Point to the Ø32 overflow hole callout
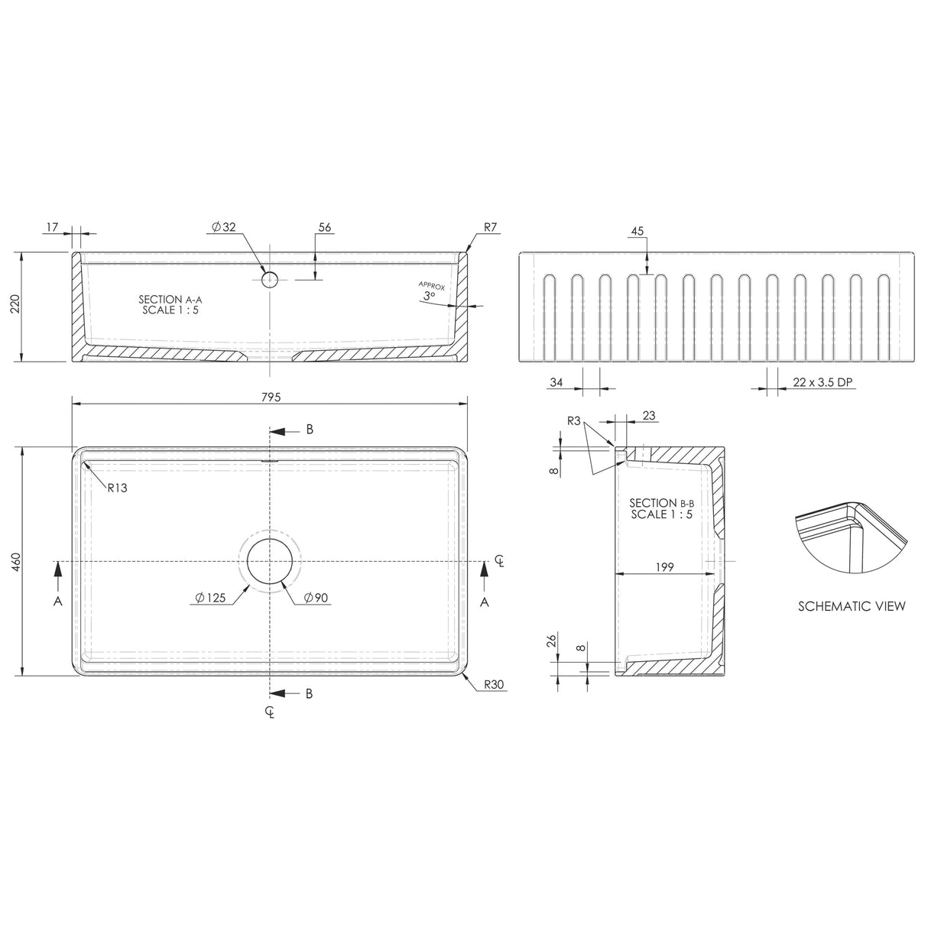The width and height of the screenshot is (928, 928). pyautogui.click(x=225, y=227)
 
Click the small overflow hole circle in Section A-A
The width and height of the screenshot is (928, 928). pyautogui.click(x=269, y=280)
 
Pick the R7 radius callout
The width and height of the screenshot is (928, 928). pyautogui.click(x=491, y=227)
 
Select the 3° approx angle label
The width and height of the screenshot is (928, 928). pyautogui.click(x=428, y=295)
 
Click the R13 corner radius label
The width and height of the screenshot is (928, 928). pyautogui.click(x=117, y=488)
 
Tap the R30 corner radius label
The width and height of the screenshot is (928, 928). pyautogui.click(x=494, y=685)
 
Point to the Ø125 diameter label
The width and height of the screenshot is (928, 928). pyautogui.click(x=210, y=598)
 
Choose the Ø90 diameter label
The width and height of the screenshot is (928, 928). pyautogui.click(x=316, y=598)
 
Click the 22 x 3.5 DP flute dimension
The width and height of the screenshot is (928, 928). pyautogui.click(x=823, y=383)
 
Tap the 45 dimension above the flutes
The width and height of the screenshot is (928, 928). pyautogui.click(x=638, y=231)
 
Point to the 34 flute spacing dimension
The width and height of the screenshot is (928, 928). pyautogui.click(x=557, y=383)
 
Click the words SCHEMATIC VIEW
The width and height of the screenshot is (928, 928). pyautogui.click(x=852, y=606)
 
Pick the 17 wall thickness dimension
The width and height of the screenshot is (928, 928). pyautogui.click(x=52, y=227)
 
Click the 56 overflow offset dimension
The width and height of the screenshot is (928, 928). pyautogui.click(x=325, y=227)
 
